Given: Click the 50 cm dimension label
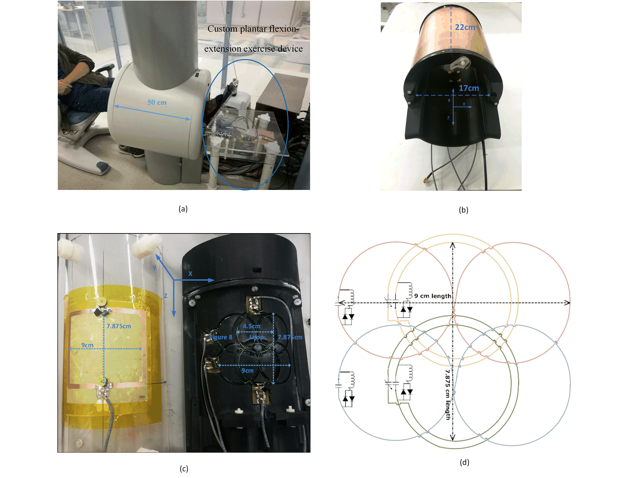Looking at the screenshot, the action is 157,102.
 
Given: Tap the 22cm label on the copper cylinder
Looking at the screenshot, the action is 465,27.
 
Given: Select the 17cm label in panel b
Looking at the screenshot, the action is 469,88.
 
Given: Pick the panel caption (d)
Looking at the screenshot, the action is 464,462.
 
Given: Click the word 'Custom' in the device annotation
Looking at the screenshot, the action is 222,29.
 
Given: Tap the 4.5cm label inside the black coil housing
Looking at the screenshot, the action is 251,326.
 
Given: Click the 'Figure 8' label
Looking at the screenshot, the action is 221,337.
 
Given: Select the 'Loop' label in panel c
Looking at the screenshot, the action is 256,337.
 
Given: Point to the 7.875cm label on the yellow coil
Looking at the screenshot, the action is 119,326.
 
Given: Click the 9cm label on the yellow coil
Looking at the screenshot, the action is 87,345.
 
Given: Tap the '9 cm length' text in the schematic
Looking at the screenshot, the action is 433,296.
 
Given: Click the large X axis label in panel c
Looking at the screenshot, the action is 190,273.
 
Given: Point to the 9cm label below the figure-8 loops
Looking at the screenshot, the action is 247,370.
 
